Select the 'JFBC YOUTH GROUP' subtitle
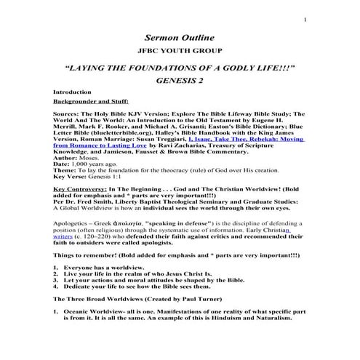(x=180, y=51)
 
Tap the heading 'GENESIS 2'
(x=180, y=80)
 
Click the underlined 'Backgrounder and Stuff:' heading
(x=87, y=103)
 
